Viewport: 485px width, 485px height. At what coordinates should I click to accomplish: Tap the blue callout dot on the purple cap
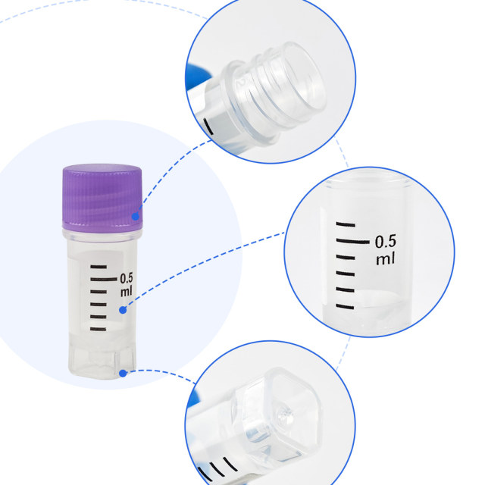click(x=136, y=217)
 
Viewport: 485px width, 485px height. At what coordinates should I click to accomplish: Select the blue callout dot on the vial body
click(x=123, y=309)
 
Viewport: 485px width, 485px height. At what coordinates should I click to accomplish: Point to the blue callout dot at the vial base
click(x=124, y=371)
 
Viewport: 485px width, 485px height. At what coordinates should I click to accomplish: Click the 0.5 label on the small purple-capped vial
click(x=126, y=277)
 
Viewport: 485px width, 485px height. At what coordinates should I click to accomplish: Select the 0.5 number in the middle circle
click(x=385, y=242)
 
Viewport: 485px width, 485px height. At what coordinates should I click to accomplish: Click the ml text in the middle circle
click(x=385, y=259)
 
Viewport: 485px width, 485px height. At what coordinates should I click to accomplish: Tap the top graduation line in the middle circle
click(x=346, y=225)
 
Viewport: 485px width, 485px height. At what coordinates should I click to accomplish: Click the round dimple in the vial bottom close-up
click(x=285, y=415)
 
